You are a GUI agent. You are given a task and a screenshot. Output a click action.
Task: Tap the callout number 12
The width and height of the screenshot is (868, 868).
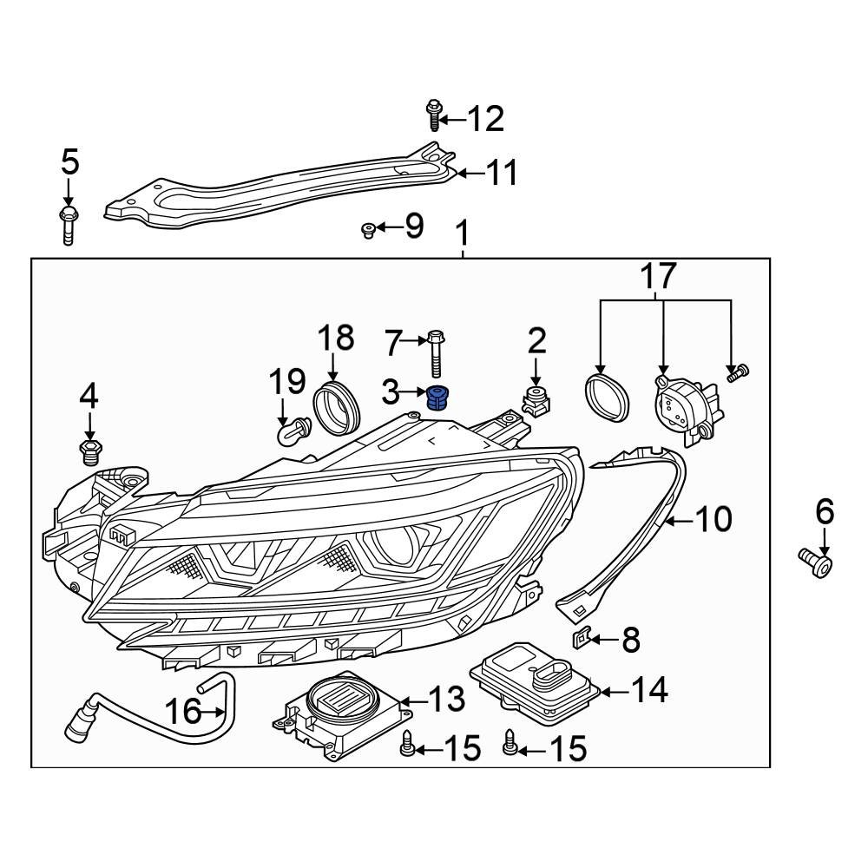click(x=485, y=119)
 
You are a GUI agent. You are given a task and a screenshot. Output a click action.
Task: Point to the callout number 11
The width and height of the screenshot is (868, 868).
click(x=501, y=173)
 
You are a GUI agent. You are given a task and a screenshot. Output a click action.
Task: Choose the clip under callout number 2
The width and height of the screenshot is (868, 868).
click(x=536, y=403)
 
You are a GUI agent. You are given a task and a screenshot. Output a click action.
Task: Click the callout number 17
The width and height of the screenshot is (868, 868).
click(x=658, y=276)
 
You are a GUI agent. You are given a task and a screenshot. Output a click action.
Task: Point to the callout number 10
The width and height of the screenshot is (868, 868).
click(x=714, y=520)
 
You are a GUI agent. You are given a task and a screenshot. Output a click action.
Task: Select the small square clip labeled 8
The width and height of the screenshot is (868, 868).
click(x=582, y=641)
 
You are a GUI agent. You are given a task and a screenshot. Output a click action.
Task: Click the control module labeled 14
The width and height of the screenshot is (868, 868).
click(x=534, y=681)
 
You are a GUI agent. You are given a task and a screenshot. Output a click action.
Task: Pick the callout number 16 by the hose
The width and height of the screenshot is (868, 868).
click(x=183, y=712)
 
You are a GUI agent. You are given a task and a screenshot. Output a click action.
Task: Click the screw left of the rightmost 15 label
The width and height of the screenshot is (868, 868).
click(x=510, y=743)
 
